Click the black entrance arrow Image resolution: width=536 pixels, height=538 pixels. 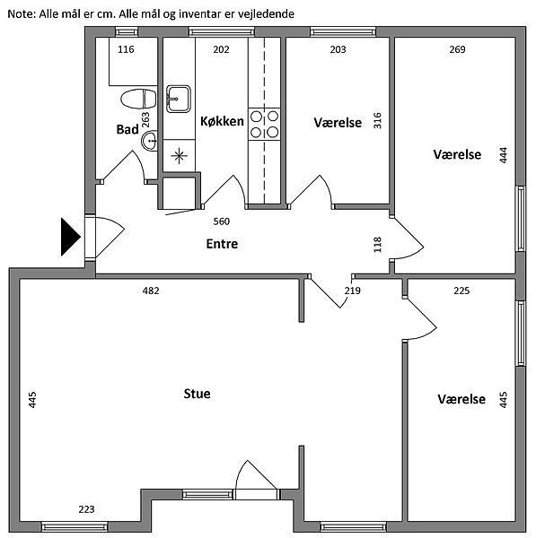tap(70, 237)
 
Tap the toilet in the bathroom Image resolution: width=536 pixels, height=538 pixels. tap(138, 100)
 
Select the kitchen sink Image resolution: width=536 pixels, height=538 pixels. tap(179, 99)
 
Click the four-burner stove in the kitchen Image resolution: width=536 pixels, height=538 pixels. tap(264, 124)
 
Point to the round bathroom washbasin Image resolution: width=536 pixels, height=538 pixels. tap(150, 141)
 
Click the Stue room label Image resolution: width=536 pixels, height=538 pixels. tap(197, 394)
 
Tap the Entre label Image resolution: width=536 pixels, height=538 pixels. tap(222, 244)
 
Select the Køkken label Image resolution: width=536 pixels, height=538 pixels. tap(222, 121)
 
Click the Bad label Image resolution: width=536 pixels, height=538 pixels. tap(127, 129)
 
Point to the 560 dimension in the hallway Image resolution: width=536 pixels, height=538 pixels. tap(221, 221)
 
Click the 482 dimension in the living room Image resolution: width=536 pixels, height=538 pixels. tap(151, 291)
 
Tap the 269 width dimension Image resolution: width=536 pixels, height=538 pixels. tap(457, 49)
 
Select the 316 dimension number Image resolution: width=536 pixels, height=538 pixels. tap(377, 120)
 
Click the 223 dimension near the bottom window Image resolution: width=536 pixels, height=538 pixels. tap(86, 509)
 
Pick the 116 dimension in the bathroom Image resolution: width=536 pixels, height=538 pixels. tap(126, 49)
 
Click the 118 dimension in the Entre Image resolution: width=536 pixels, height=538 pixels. tap(377, 245)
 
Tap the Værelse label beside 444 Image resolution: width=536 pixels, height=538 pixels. tap(457, 154)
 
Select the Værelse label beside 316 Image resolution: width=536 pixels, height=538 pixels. tap(338, 123)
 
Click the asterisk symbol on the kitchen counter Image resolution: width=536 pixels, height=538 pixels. tap(179, 156)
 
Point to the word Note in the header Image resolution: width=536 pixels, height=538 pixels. tap(22, 14)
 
